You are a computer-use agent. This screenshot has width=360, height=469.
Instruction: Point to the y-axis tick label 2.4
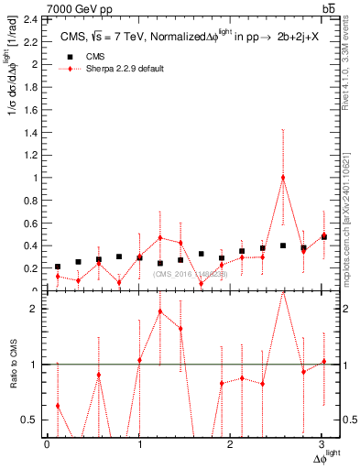click(x=29, y=19)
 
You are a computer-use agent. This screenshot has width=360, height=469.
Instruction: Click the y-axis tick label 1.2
click(x=29, y=155)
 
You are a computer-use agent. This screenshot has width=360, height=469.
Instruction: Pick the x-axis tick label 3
click(x=322, y=444)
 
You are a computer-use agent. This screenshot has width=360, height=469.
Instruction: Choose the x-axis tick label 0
click(x=47, y=444)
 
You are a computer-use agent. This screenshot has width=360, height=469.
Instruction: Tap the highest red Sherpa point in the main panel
click(x=283, y=178)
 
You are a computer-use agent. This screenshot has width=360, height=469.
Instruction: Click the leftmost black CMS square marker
click(x=58, y=267)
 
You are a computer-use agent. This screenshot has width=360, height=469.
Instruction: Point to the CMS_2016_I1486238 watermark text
click(x=191, y=273)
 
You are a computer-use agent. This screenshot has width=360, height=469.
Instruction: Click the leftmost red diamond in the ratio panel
click(x=58, y=406)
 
